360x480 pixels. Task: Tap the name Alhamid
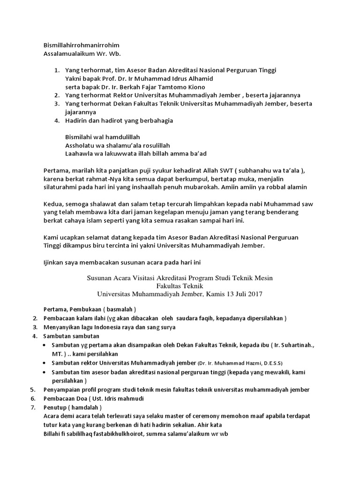[200, 79]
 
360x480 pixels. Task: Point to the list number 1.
[56, 70]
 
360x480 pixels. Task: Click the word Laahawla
[79, 154]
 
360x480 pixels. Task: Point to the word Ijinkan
[54, 263]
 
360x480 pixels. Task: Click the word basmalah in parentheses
[120, 310]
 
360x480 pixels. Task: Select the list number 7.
[33, 408]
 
